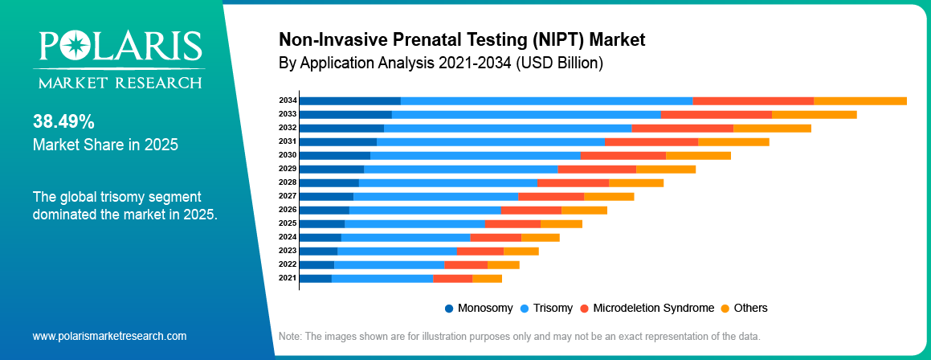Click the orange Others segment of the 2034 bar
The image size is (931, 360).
pos(860,100)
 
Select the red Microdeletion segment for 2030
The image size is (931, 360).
pos(623,156)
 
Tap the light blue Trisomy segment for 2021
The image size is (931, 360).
pos(382,279)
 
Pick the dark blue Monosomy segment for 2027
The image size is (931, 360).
pos(327,197)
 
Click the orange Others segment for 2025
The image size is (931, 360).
pos(561,224)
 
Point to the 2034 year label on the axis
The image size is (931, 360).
pos(288,100)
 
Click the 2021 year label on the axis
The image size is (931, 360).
pos(288,278)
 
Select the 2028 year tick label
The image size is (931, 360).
pos(288,182)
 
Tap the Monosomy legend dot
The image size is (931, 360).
pos(449,309)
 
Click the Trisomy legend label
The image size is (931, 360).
pos(553,308)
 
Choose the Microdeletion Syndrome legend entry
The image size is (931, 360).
pos(647,308)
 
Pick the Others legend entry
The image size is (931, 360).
pos(745,308)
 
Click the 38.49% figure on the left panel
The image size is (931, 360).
pos(63,122)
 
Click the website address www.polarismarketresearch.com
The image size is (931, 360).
pos(109,336)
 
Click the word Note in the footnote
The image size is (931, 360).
pos(290,336)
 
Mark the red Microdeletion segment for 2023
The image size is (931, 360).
pos(480,252)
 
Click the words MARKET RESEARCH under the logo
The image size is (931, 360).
pos(120,82)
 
